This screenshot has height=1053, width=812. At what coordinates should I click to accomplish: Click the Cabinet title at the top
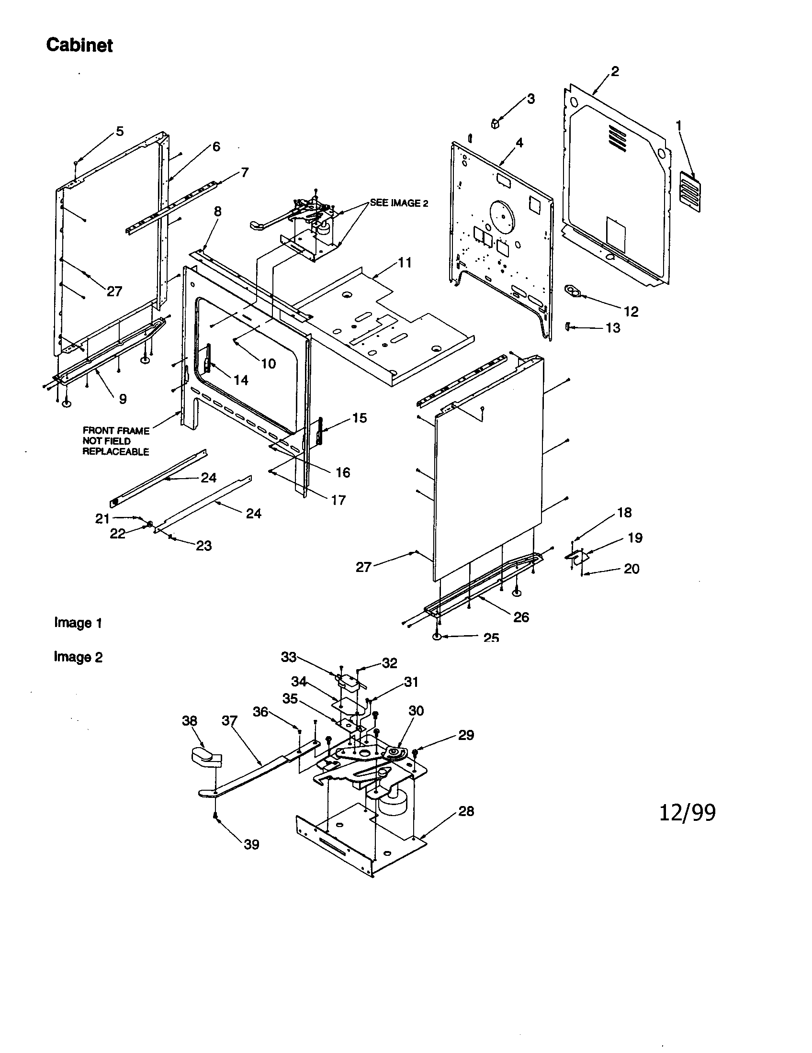(x=79, y=45)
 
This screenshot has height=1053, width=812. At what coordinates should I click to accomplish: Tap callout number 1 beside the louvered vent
(x=678, y=126)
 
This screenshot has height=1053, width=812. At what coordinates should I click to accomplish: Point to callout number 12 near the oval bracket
(x=631, y=312)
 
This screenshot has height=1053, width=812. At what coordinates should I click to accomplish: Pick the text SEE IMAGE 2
(x=399, y=203)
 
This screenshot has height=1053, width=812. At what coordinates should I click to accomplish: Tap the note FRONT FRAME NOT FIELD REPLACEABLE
(x=116, y=441)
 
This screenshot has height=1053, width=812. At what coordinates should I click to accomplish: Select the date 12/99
(x=687, y=812)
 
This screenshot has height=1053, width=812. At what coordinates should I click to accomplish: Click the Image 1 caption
(x=78, y=622)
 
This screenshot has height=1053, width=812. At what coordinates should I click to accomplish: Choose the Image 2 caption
(x=78, y=657)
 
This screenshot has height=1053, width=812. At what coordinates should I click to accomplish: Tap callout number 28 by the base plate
(x=466, y=811)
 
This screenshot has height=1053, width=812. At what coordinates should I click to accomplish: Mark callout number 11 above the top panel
(x=405, y=262)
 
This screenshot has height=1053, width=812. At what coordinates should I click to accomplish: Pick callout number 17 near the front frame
(x=338, y=500)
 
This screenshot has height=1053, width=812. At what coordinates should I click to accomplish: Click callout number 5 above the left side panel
(x=120, y=131)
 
